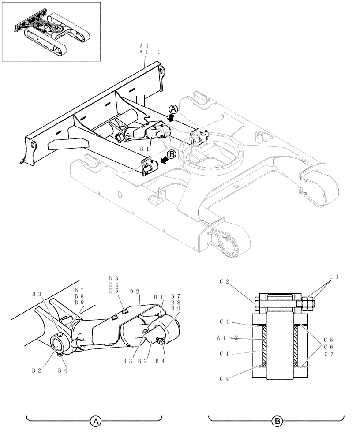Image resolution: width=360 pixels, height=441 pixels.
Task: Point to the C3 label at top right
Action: (x=334, y=277)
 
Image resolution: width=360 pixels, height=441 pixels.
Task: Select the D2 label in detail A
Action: (x=135, y=292)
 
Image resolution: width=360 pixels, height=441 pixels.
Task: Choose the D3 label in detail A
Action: (x=114, y=278)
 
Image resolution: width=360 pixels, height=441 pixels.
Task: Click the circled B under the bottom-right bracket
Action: (x=277, y=422)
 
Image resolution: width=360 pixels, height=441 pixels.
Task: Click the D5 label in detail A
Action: (x=114, y=291)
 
